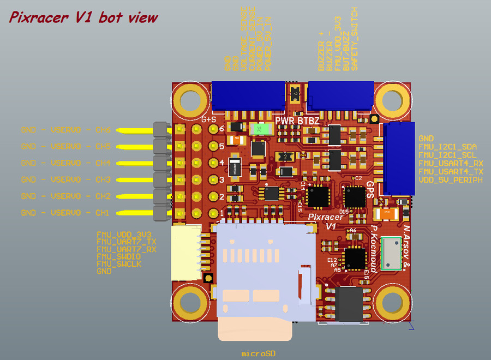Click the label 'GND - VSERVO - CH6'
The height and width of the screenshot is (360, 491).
pyautogui.click(x=65, y=130)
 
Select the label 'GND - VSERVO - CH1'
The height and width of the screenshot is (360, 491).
pyautogui.click(x=65, y=212)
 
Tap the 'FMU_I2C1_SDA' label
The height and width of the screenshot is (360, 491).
pyautogui.click(x=447, y=147)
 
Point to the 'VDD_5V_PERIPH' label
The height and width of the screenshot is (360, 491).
pyautogui.click(x=450, y=179)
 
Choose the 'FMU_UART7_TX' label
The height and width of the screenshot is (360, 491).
pyautogui.click(x=126, y=241)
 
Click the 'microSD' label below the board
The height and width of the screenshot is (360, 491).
pyautogui.click(x=259, y=353)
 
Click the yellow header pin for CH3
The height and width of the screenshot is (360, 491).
pyautogui.click(x=136, y=179)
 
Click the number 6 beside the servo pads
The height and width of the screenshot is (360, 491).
pyautogui.click(x=221, y=129)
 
